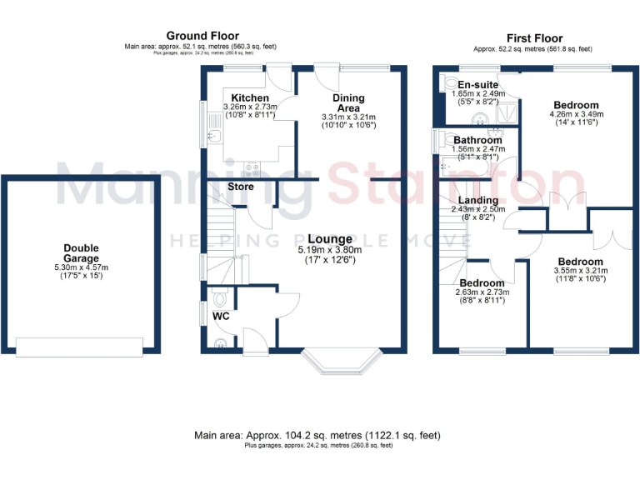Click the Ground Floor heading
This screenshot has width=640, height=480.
pos(199,35)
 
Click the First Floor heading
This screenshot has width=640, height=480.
pos(534,38)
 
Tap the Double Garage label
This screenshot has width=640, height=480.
pos(81,253)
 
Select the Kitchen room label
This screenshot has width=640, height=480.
pos(250,98)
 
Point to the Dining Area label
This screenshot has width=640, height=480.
pos(348,103)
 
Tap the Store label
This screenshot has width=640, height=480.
pos(241,187)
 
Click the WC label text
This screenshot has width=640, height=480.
pos(220,317)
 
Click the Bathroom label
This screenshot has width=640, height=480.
pos(477,140)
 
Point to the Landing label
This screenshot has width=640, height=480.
pos(477,200)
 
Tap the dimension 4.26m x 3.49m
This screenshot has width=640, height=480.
pos(576,114)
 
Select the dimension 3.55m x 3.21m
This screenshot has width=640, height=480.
pos(581,271)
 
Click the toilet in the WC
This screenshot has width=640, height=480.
pos(220,297)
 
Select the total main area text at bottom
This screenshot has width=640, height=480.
pos(317,436)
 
